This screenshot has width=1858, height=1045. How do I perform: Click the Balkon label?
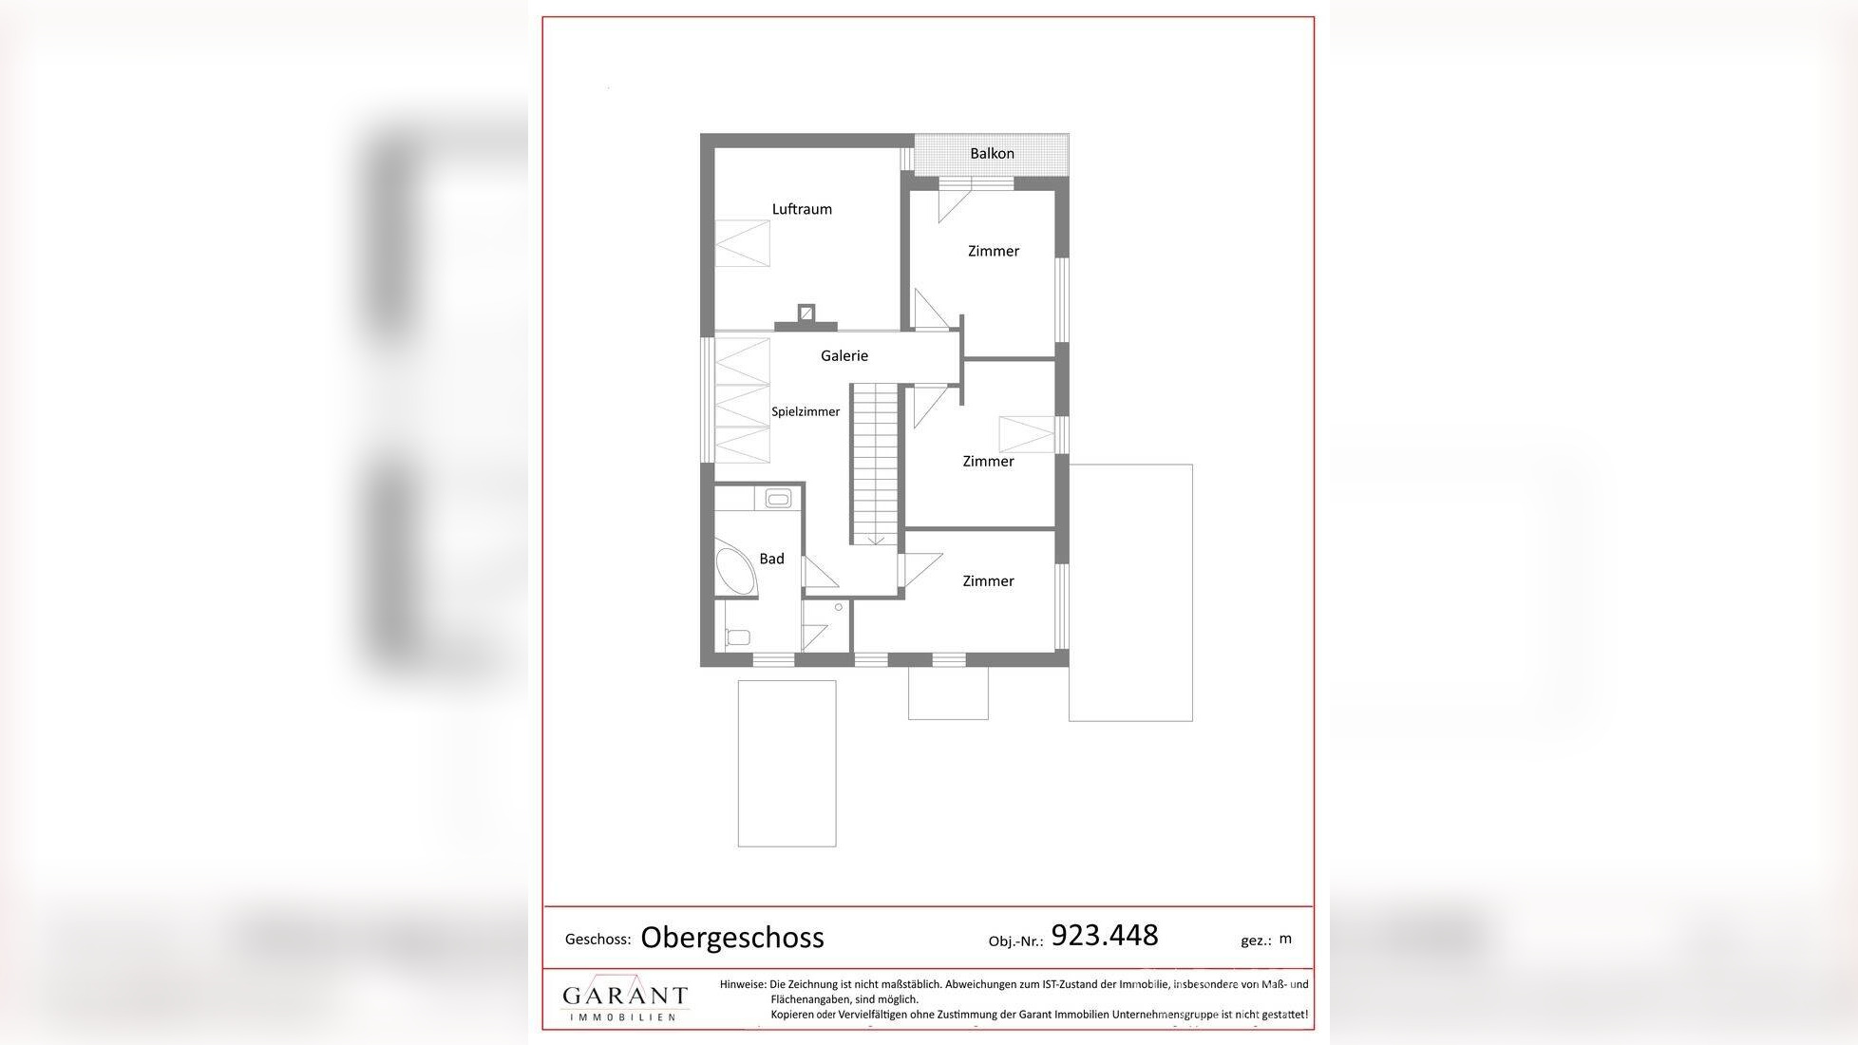(x=992, y=154)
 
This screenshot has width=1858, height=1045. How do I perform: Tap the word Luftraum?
(x=802, y=209)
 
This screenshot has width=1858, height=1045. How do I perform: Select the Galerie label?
(x=844, y=356)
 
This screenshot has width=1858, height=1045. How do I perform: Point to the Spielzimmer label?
(x=806, y=412)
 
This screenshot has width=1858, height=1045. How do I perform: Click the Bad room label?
(x=771, y=559)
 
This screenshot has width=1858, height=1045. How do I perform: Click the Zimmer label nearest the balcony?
(x=994, y=252)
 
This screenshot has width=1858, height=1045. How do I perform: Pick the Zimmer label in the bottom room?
(x=988, y=581)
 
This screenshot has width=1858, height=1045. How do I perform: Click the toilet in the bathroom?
(x=738, y=637)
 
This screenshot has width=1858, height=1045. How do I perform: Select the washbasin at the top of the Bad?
(x=778, y=498)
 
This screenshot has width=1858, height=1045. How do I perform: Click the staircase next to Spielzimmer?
(x=873, y=461)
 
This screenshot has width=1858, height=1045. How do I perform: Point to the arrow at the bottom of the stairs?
(x=876, y=540)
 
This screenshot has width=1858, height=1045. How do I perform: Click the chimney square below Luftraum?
(x=806, y=313)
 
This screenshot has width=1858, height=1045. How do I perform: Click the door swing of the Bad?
(x=818, y=573)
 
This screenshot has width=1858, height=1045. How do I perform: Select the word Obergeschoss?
(x=732, y=938)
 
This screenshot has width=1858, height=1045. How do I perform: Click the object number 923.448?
(x=1105, y=936)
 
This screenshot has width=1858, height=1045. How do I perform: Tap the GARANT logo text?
(x=625, y=996)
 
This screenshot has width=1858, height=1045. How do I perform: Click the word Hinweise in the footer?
(x=742, y=985)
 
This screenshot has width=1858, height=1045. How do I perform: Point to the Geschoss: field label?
(x=597, y=940)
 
